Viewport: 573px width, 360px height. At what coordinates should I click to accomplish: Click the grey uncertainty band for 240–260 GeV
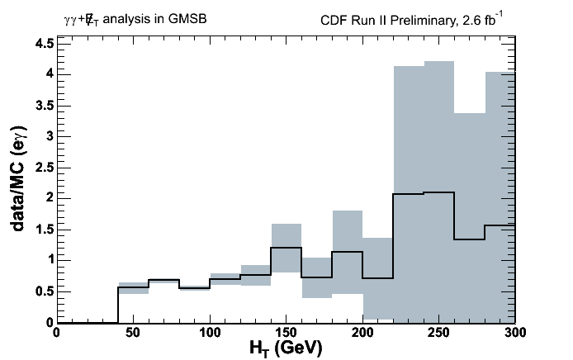(438, 124)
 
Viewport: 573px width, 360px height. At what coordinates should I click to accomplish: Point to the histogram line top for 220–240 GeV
(408, 194)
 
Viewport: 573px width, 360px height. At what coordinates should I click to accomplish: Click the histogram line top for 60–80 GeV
(163, 280)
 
